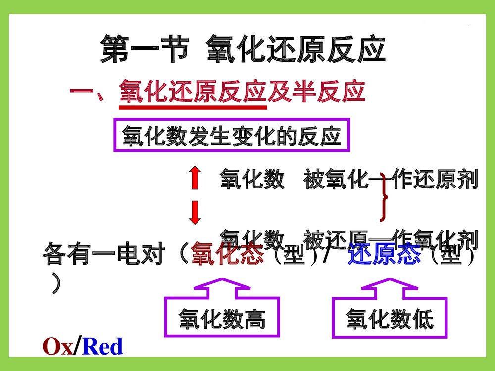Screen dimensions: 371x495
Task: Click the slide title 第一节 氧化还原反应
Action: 243,48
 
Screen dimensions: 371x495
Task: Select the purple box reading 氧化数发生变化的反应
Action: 232,135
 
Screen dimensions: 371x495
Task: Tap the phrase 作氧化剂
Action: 435,239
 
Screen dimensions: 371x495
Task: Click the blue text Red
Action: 102,347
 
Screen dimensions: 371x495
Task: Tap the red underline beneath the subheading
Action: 193,106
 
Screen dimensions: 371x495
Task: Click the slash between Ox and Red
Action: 77,347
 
